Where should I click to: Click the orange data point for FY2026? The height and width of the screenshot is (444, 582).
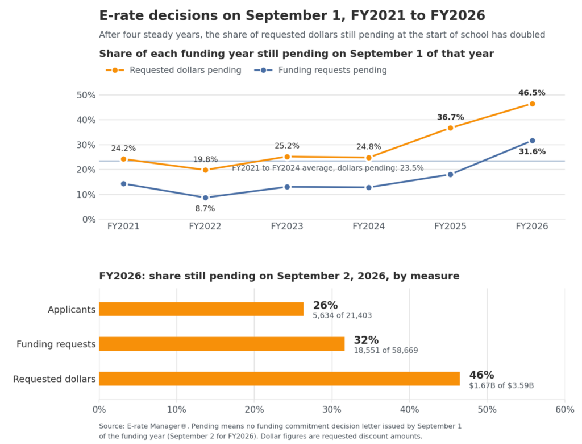(x=532, y=104)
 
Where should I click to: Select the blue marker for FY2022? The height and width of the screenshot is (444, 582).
(x=205, y=198)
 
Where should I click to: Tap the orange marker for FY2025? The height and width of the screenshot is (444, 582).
(x=450, y=128)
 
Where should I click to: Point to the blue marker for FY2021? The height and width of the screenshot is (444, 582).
(x=123, y=184)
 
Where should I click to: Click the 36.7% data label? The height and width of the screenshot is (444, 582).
(x=450, y=117)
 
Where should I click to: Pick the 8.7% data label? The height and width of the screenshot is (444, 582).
(x=205, y=208)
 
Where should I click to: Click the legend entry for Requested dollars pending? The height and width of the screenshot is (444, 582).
(x=173, y=70)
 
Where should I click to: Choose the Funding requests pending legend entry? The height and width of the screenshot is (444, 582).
(x=321, y=70)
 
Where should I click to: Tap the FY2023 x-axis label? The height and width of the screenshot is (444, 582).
(x=287, y=226)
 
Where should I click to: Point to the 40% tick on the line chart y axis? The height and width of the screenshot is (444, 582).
(x=86, y=120)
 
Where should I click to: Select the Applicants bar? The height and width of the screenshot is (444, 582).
(x=201, y=309)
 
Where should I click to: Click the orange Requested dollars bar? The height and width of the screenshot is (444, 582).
(x=280, y=379)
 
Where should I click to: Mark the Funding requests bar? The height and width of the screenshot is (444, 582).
(x=222, y=344)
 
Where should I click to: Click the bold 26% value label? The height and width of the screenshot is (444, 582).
(x=325, y=305)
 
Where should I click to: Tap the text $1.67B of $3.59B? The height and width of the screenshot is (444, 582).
(x=501, y=385)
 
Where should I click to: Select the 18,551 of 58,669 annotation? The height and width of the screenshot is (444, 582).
(x=386, y=350)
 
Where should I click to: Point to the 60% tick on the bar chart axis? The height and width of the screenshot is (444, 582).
(x=564, y=409)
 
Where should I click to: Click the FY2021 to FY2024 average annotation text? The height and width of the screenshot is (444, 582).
(x=328, y=168)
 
